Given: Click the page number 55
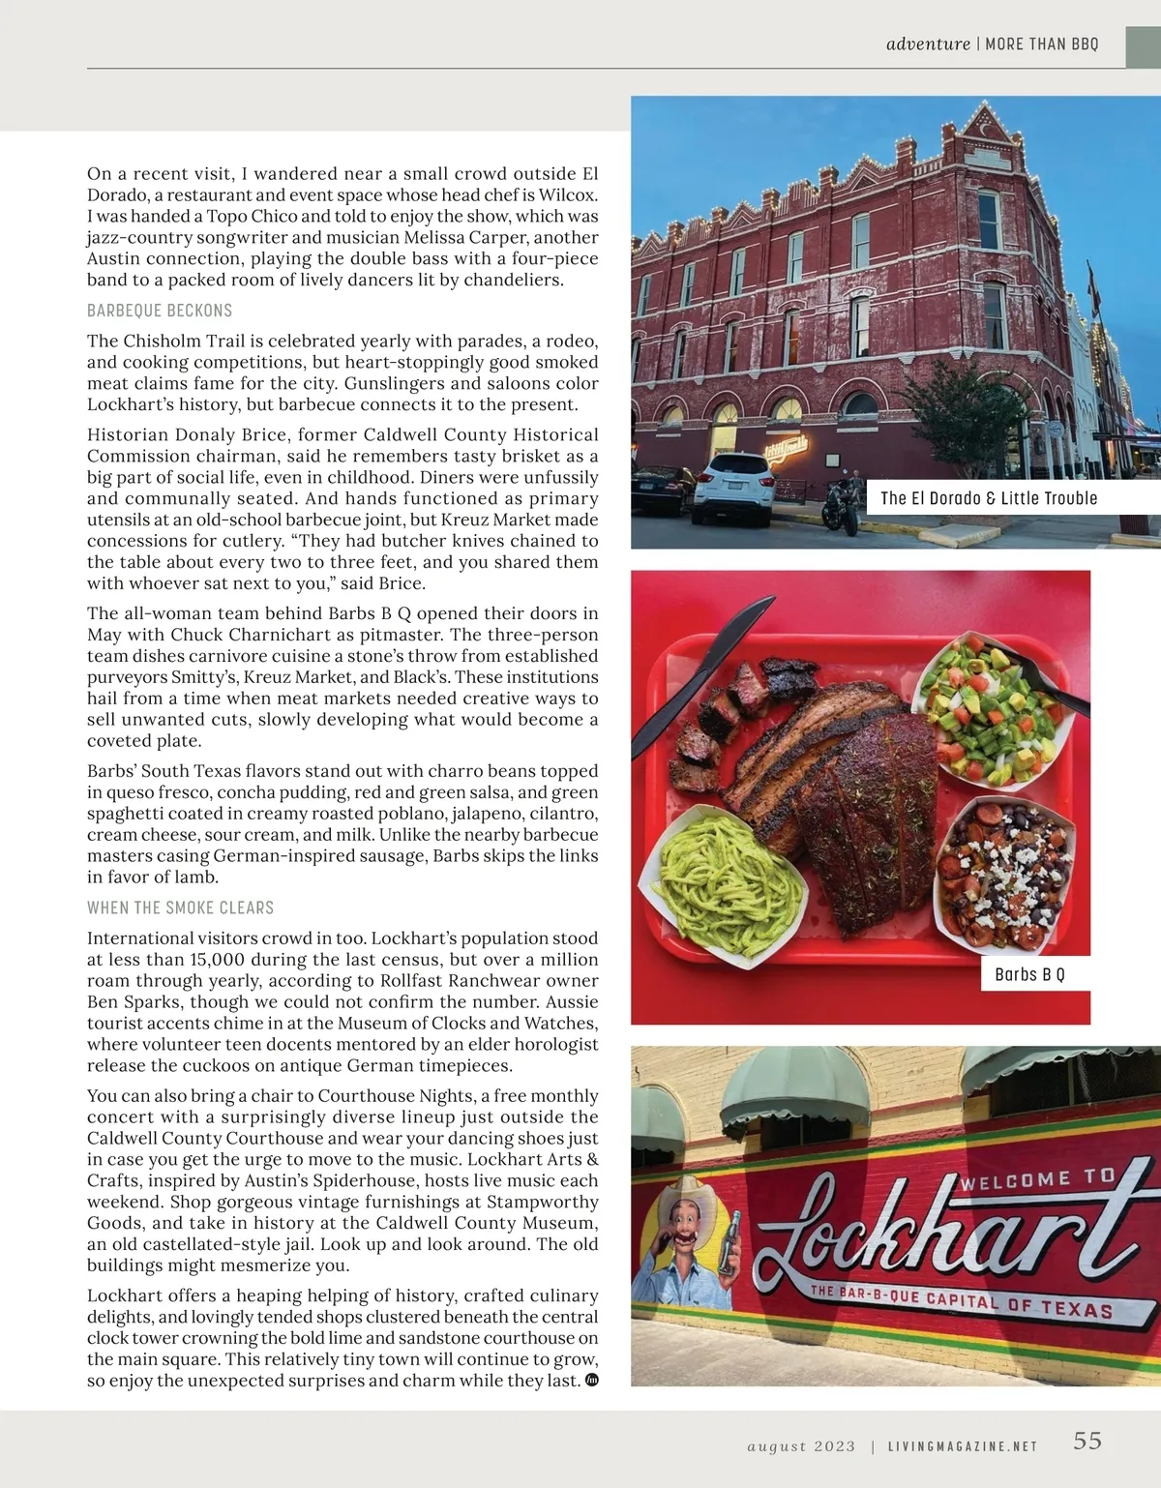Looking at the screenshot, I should coord(1087,1441).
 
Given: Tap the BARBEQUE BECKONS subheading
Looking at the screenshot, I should coord(160,311).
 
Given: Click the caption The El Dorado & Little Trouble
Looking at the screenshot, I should coord(989,498).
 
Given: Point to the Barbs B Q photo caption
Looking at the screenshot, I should coord(1029,974).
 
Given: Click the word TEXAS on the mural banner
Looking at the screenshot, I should coord(1077,1308).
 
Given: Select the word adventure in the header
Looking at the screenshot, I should coord(928,44).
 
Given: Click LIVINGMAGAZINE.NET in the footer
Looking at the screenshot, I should coord(963,1446).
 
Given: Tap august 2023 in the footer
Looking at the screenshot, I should coord(801,1446).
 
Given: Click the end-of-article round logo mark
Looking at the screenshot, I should coord(592,1380).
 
